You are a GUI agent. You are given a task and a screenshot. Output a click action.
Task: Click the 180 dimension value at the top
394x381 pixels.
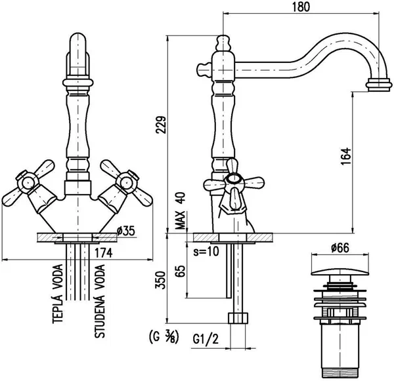[x=301, y=7]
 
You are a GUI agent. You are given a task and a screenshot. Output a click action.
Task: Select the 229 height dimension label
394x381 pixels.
[x=161, y=125]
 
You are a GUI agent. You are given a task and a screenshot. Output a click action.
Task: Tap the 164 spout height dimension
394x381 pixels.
[x=345, y=156]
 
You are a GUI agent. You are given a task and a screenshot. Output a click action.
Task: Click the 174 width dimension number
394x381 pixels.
[x=103, y=252]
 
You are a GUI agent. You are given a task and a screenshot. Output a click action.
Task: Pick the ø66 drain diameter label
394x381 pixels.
[x=340, y=248]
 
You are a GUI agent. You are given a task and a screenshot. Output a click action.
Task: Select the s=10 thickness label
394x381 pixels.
[x=206, y=251]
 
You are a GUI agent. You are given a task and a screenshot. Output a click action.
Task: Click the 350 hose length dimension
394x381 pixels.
[x=161, y=280]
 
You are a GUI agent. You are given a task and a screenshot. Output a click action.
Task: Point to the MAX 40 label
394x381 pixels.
[x=180, y=211]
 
